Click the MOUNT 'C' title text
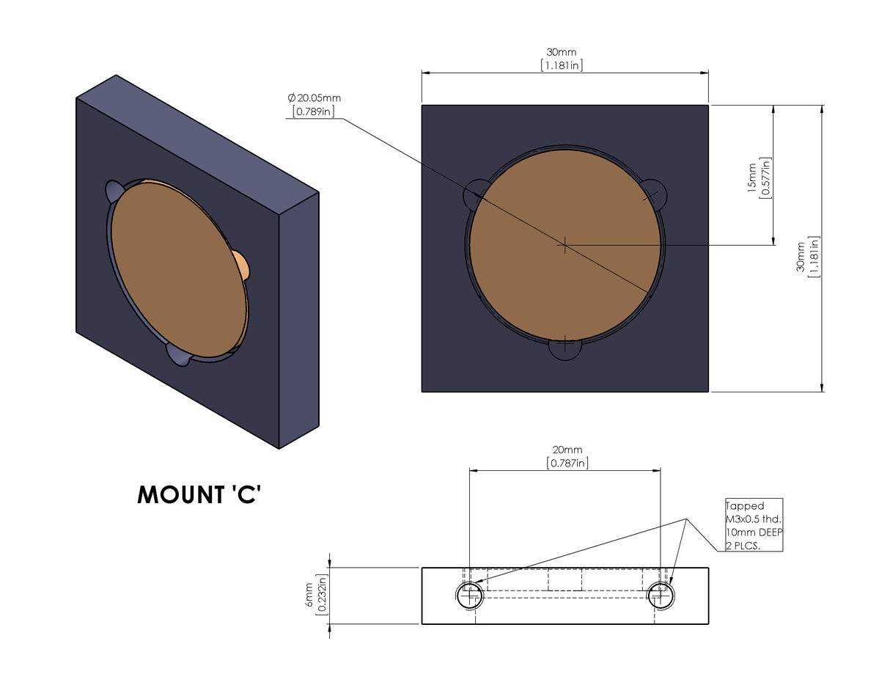click(x=199, y=495)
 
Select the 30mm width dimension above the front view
click(x=561, y=53)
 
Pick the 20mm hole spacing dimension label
click(x=567, y=450)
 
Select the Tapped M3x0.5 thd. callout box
click(x=754, y=525)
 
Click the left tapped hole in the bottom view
click(x=470, y=596)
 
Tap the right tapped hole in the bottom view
click(x=661, y=596)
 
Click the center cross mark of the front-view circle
click(x=565, y=245)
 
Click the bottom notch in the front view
click(x=565, y=349)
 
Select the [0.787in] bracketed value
click(x=567, y=463)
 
